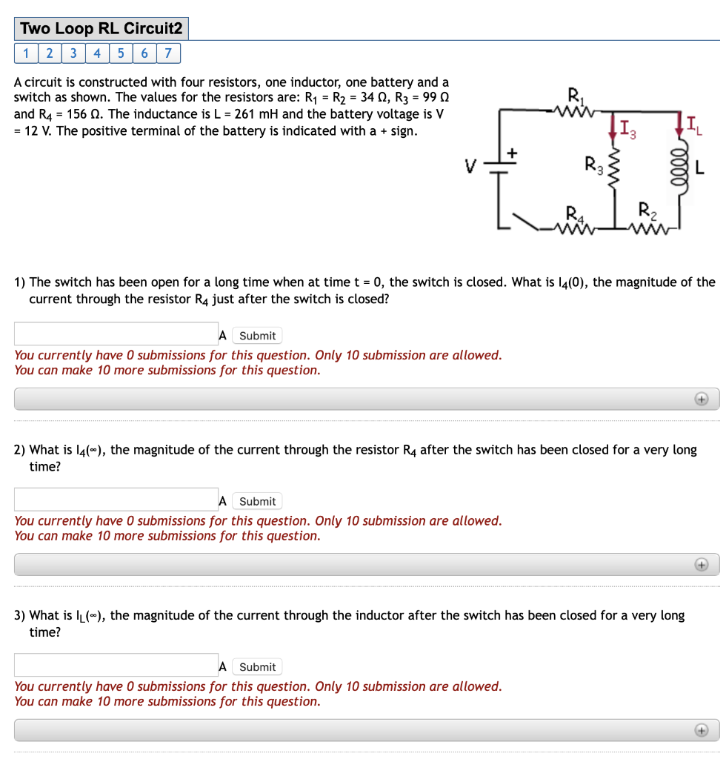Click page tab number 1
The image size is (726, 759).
click(26, 53)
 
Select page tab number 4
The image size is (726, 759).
click(97, 53)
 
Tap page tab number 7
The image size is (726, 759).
click(168, 53)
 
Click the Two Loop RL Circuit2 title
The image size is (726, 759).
click(101, 29)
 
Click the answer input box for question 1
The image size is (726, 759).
click(116, 334)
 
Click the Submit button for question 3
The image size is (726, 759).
click(257, 667)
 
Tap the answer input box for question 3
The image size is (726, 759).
click(116, 665)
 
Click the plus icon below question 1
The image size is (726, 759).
click(700, 400)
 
